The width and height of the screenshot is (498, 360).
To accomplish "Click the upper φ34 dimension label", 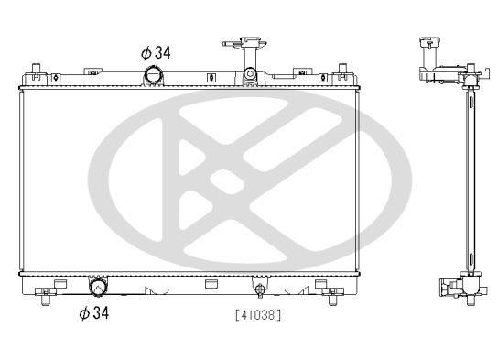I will (157, 52).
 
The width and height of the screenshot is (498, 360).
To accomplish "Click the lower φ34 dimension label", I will (95, 313).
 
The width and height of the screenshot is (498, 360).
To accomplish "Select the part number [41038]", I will (258, 314).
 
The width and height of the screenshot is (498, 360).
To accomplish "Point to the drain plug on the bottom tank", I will (260, 291).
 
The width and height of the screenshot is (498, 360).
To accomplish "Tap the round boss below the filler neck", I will (248, 75).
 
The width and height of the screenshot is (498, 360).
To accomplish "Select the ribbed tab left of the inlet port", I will (94, 70).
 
